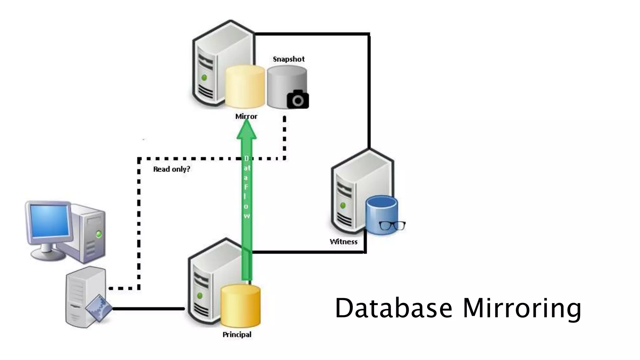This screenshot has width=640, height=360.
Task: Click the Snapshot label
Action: (288, 59)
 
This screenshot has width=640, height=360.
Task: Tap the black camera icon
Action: (298, 99)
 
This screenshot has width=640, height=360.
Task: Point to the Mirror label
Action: (246, 117)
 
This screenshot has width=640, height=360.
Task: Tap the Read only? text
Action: (172, 169)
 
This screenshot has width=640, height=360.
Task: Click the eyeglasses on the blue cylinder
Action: (392, 225)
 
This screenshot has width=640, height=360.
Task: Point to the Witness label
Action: (343, 242)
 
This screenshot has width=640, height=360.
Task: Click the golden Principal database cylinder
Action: (240, 305)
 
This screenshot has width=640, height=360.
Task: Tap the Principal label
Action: (237, 335)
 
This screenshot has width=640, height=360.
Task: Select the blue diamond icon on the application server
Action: (99, 308)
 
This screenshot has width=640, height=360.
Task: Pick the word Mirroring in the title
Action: (522, 308)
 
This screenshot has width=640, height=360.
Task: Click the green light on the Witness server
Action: (343, 205)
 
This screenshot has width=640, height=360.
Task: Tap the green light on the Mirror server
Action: (204, 77)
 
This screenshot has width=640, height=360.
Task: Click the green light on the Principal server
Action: (200, 295)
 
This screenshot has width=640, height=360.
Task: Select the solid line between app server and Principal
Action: (148, 309)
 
